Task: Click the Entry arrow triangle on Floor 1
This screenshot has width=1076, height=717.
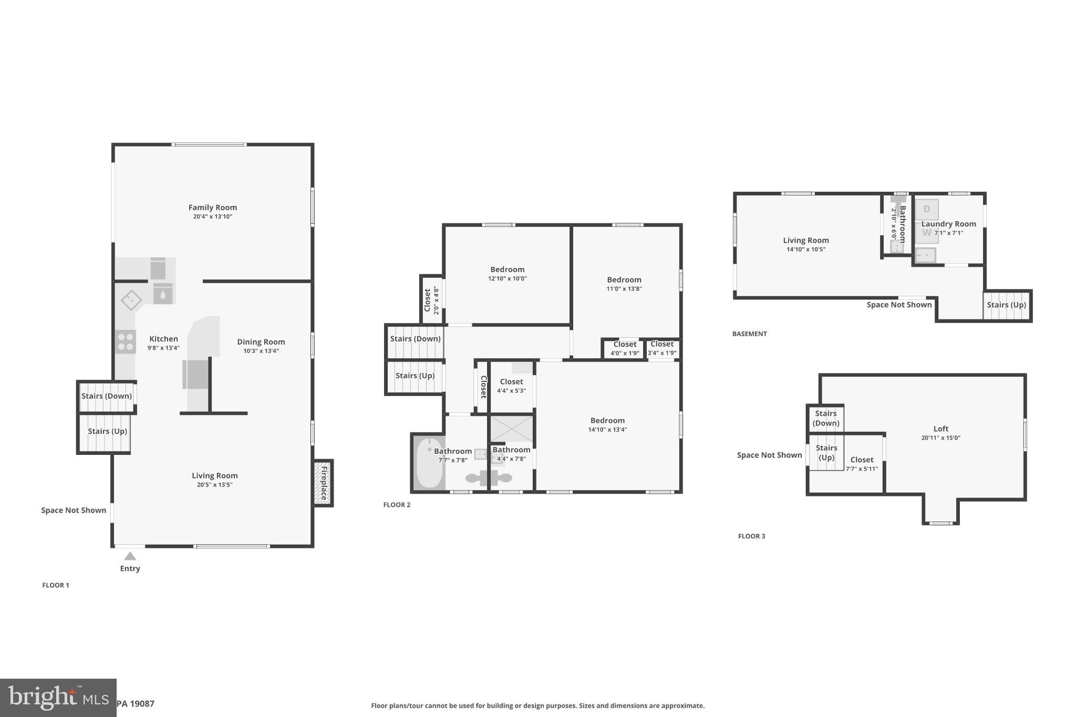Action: [x=130, y=556]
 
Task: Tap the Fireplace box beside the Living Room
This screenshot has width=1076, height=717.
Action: [x=323, y=483]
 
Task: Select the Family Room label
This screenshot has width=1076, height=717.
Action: [x=212, y=207]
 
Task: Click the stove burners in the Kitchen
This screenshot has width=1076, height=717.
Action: [x=126, y=342]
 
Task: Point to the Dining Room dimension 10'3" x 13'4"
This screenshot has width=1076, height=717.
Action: [x=261, y=351]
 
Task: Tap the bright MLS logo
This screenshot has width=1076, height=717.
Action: [x=58, y=698]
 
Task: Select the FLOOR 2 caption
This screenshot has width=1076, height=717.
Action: [x=397, y=505]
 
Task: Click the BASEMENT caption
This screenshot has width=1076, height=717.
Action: [x=749, y=334]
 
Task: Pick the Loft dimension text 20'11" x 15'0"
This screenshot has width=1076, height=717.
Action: [x=940, y=438]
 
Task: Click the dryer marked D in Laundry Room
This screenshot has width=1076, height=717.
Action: [x=926, y=209]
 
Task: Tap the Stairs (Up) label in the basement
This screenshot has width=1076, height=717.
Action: [x=1006, y=305]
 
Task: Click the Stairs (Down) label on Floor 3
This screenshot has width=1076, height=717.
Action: [x=825, y=418]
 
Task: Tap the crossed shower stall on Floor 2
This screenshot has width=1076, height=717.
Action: [x=511, y=429]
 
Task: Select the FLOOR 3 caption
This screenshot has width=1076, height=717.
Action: [x=751, y=536]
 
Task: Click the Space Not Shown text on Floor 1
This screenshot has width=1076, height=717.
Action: [x=74, y=510]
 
